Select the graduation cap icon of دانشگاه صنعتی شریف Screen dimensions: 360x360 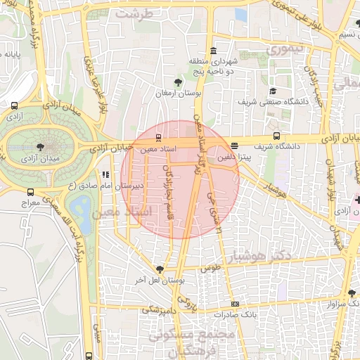273,91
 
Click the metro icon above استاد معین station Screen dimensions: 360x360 157,138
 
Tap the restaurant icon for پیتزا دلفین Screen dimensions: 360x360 234,147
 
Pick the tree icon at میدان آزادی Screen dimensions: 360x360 39,147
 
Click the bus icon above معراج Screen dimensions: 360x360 30,192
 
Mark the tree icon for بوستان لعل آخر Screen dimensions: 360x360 160,269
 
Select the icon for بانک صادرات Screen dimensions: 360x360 235,304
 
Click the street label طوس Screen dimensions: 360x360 210,269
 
